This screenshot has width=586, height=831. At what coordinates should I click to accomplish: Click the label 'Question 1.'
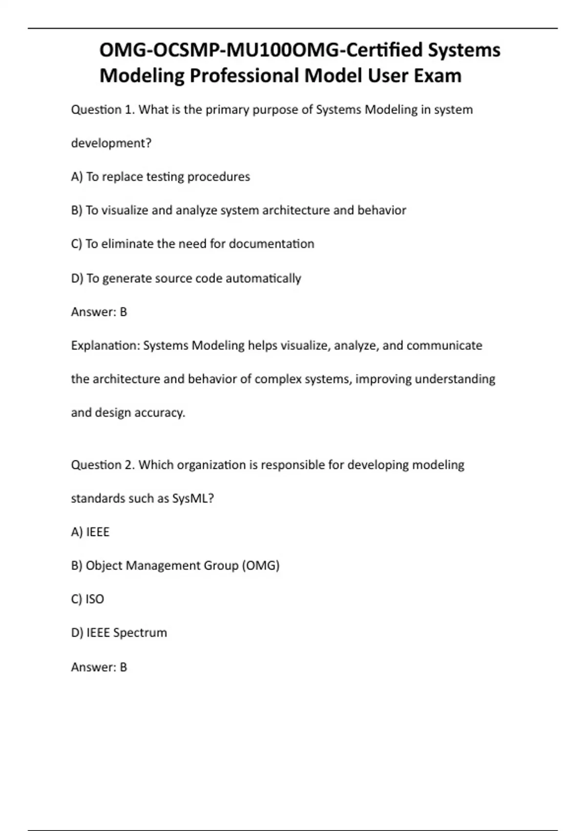[103, 109]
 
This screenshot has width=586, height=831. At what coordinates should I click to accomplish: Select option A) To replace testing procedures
[160, 176]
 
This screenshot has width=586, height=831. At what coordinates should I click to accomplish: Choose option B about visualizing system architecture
[238, 210]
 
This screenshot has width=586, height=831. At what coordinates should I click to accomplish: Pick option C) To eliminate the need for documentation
[192, 243]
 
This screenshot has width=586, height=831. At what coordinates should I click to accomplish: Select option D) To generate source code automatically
[186, 278]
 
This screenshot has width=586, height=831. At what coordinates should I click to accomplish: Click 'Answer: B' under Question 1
[99, 311]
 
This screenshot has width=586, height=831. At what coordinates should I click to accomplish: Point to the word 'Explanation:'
[105, 345]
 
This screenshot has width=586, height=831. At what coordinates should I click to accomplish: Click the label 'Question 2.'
[103, 464]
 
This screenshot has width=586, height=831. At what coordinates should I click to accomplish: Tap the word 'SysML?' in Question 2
[193, 498]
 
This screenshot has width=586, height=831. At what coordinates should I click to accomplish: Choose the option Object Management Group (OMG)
[175, 565]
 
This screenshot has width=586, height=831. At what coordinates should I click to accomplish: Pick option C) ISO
[87, 599]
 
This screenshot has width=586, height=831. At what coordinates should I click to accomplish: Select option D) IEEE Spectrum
[119, 633]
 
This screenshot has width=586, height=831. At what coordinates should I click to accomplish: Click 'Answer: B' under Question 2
[99, 667]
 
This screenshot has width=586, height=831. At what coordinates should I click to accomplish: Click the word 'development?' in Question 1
[111, 143]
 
